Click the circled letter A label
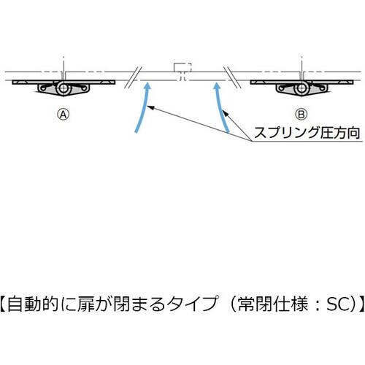coord(64,114)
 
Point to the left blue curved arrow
coord(142,109)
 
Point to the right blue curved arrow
coord(223,109)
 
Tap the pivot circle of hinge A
coord(65,88)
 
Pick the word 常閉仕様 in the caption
coord(272,303)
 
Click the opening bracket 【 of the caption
coord(4,303)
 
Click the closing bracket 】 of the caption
coord(359,303)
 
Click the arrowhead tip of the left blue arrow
coord(149,82)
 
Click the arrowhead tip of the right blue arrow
coord(216,82)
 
